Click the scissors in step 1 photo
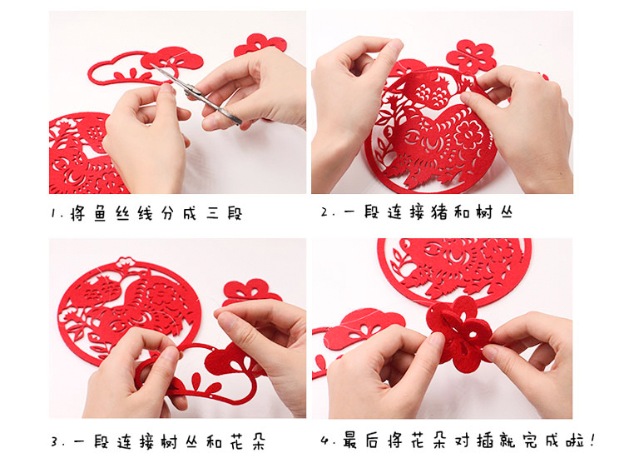pyautogui.click(x=195, y=92)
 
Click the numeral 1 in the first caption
pyautogui.click(x=53, y=214)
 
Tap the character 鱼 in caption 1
pyautogui.click(x=100, y=213)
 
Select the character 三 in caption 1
pyautogui.click(x=213, y=214)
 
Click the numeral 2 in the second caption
pyautogui.click(x=324, y=213)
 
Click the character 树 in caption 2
pyautogui.click(x=484, y=212)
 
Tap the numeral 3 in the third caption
pyautogui.click(x=55, y=442)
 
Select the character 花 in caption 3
pyautogui.click(x=236, y=441)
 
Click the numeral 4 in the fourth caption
pyautogui.click(x=324, y=441)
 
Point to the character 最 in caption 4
pyautogui.click(x=350, y=440)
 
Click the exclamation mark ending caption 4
pyautogui.click(x=593, y=440)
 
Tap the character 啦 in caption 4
pyautogui.click(x=576, y=441)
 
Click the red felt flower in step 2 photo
pyautogui.click(x=472, y=56)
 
